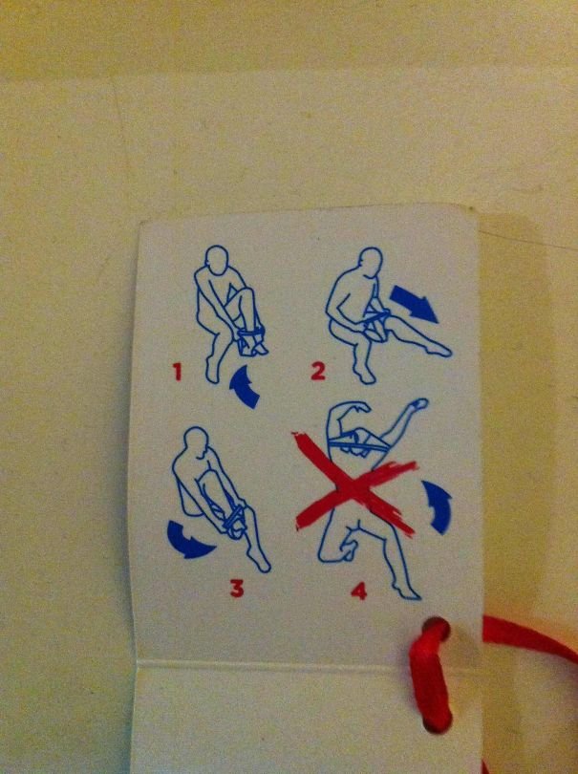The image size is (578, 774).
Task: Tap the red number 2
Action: (318, 370)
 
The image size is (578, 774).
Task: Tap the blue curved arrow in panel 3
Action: (191, 540)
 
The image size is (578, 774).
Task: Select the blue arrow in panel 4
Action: (438, 504)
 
